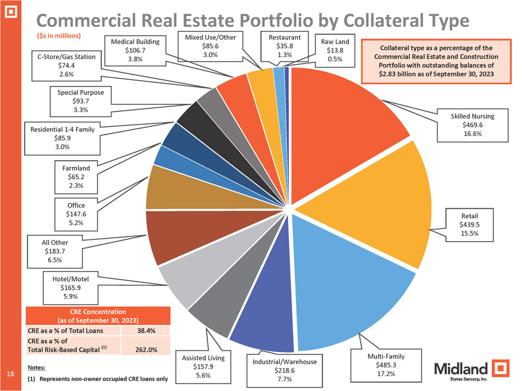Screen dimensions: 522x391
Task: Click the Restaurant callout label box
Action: tap(284, 46)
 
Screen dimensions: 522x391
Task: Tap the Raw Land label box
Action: tap(335, 50)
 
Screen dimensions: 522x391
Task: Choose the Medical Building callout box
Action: tap(135, 50)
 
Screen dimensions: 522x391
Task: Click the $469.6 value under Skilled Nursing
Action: tap(472, 125)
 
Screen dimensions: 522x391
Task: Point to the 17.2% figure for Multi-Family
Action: tap(386, 374)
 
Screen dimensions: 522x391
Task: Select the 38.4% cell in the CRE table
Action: tap(146, 330)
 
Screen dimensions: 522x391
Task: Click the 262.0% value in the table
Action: tap(146, 349)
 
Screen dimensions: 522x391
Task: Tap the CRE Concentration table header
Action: tap(98, 316)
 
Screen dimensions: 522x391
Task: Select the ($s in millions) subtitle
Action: tap(58, 35)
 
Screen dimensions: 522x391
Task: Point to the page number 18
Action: tap(10, 374)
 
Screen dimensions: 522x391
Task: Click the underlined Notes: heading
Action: tap(37, 368)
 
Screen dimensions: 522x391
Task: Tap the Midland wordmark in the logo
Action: tap(461, 369)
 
